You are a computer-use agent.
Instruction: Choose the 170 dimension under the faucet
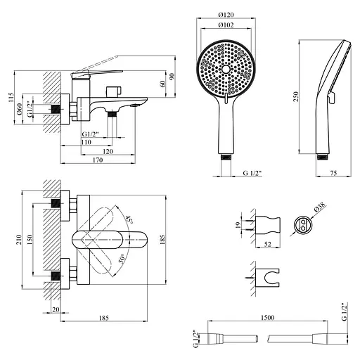tap(98, 161)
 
